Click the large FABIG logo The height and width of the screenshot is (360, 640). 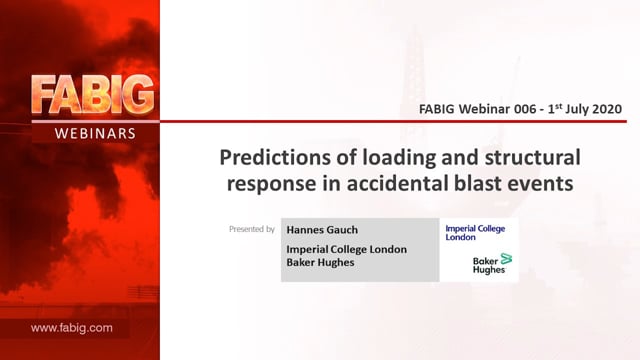coord(93,94)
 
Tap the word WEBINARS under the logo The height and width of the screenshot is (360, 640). coord(95,133)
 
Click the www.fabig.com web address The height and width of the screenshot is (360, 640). coord(71,328)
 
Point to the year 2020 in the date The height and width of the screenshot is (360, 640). coord(607,109)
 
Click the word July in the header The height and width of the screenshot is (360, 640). coord(578,109)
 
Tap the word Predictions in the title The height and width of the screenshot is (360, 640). coord(275,158)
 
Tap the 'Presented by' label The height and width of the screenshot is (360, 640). coord(252,229)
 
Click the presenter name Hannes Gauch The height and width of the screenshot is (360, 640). coord(322,230)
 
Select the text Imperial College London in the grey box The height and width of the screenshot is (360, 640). coord(347,249)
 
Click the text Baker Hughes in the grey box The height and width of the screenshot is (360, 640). coord(320,262)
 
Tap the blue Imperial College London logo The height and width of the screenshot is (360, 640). coord(475,233)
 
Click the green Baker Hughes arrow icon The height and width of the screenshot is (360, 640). coord(506,258)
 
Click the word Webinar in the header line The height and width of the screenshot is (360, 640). coord(484,109)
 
